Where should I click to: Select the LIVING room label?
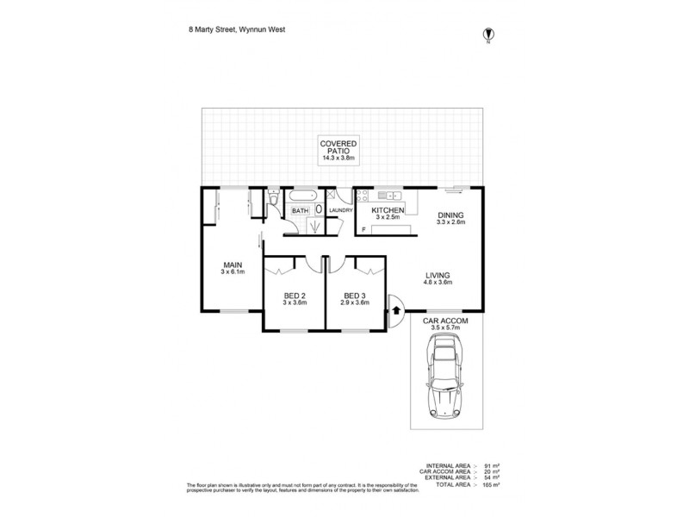[437, 276]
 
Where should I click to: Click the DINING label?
[450, 216]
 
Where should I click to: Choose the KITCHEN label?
[387, 211]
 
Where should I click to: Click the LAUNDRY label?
[340, 211]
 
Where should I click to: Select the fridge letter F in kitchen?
[363, 228]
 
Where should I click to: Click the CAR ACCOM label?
[446, 321]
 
